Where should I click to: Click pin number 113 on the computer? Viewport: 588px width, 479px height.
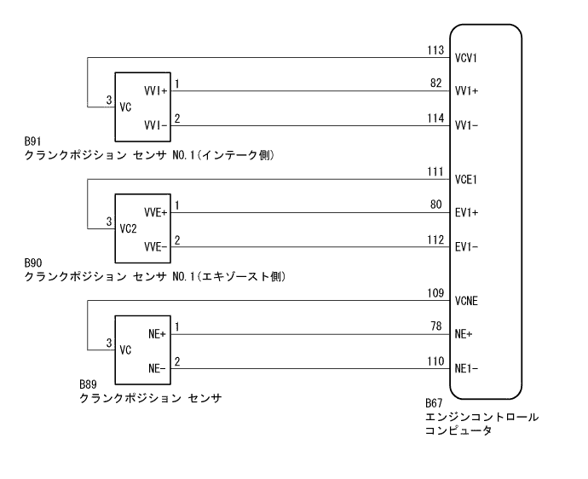coord(435,51)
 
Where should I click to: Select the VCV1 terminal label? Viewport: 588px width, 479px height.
coord(468,59)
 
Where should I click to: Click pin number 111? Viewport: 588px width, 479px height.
coord(435,173)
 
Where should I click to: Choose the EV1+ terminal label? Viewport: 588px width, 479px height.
coord(468,213)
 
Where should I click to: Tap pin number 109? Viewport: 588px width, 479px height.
coord(435,293)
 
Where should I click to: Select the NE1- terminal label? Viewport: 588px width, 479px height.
coord(468,369)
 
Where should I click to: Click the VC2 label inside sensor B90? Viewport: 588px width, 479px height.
coord(129,229)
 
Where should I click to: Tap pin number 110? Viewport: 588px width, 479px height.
coord(435,361)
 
